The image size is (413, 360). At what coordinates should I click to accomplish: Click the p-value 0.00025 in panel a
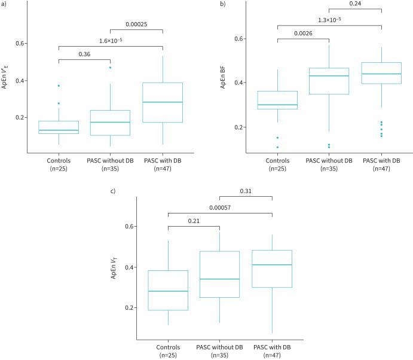136,25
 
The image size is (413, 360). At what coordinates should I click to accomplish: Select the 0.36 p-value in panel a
84,54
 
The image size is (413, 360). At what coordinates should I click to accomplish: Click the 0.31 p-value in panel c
246,191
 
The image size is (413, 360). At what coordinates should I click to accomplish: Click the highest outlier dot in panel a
111,68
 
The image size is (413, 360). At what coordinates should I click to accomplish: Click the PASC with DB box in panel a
162,102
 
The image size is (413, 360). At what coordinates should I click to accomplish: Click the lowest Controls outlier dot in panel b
277,147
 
